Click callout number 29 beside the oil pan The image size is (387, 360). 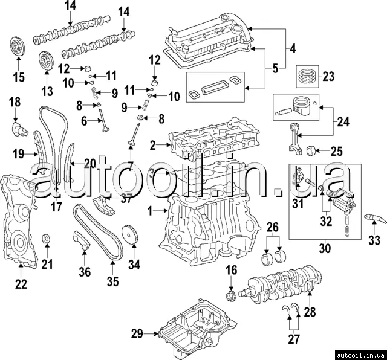tap(137, 333)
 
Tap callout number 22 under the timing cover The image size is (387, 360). tap(21, 283)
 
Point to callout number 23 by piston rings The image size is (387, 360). tap(328, 77)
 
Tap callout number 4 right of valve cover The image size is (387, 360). tap(292, 48)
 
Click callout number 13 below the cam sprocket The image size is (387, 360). tap(47, 91)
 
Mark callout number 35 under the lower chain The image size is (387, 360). tap(112, 281)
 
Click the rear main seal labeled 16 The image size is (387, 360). tap(230, 296)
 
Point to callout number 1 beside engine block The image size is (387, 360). tap(151, 211)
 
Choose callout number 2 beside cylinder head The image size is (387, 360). tap(153, 144)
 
